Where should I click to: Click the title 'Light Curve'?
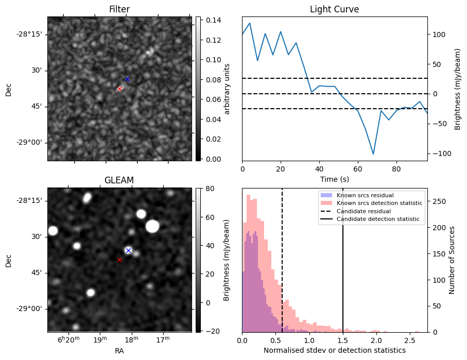tap(334, 9)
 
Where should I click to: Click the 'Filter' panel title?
tap(119, 9)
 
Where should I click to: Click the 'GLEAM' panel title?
tap(119, 180)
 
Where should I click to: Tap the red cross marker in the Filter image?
tap(119, 89)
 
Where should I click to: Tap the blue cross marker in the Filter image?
tap(127, 79)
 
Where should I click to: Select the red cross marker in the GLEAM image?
tap(119, 260)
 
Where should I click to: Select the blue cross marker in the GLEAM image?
tap(128, 250)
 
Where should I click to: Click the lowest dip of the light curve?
tap(373, 154)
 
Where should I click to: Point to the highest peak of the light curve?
tap(250, 23)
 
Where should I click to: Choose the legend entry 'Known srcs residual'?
tap(365, 195)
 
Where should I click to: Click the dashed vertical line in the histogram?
tap(282, 268)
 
